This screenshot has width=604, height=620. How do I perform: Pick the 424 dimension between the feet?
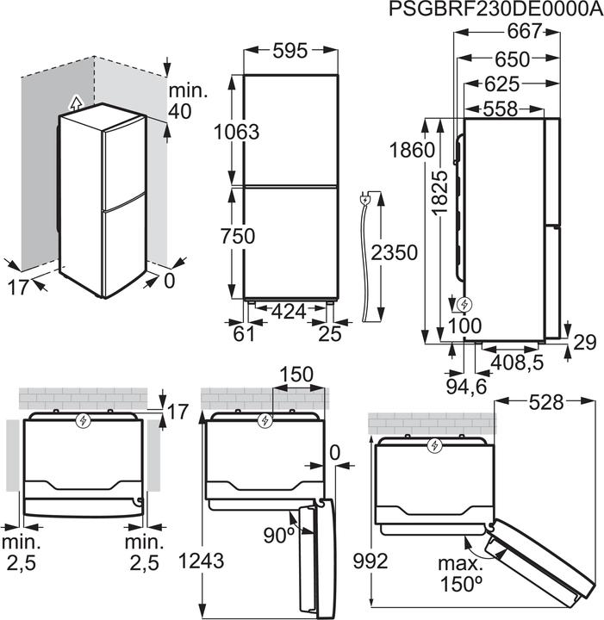click(x=289, y=311)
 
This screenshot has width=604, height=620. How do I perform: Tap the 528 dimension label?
click(x=546, y=401)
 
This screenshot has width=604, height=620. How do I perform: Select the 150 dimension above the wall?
click(x=296, y=375)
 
